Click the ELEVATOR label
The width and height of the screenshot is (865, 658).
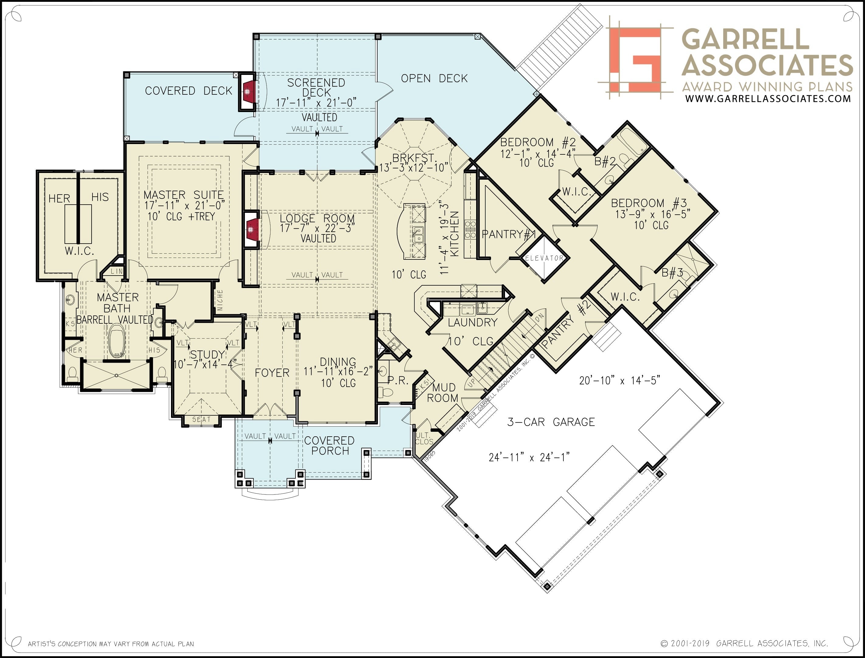click(x=544, y=258)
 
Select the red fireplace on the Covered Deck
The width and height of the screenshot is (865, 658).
click(x=249, y=92)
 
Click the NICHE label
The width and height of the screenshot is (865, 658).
click(x=220, y=300)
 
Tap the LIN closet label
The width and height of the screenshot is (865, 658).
click(x=116, y=271)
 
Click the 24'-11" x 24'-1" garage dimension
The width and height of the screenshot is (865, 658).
click(x=529, y=457)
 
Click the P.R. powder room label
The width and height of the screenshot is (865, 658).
click(x=398, y=380)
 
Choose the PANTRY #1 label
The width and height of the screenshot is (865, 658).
click(x=508, y=234)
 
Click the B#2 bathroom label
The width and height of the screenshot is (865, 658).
click(x=605, y=161)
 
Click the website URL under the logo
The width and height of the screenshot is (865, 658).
click(x=768, y=98)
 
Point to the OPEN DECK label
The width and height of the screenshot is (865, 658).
click(x=434, y=78)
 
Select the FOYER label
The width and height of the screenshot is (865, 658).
click(x=272, y=372)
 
